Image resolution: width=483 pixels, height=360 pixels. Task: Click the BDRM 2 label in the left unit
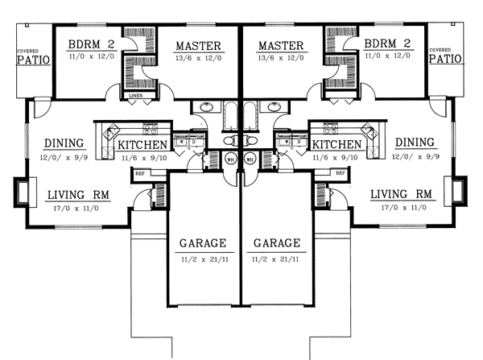point(90,45)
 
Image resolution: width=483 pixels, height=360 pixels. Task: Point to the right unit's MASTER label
point(276,45)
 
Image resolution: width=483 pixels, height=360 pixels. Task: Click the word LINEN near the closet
point(137,96)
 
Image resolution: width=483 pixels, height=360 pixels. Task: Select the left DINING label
point(64,143)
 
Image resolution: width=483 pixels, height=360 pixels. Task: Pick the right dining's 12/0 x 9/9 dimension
point(415,158)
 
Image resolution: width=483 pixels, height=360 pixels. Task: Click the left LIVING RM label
point(78,194)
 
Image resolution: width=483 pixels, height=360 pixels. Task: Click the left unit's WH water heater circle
point(230,159)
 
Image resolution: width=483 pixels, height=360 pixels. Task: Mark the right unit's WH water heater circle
point(250,159)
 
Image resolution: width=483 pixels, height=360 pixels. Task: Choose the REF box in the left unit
point(139,173)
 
